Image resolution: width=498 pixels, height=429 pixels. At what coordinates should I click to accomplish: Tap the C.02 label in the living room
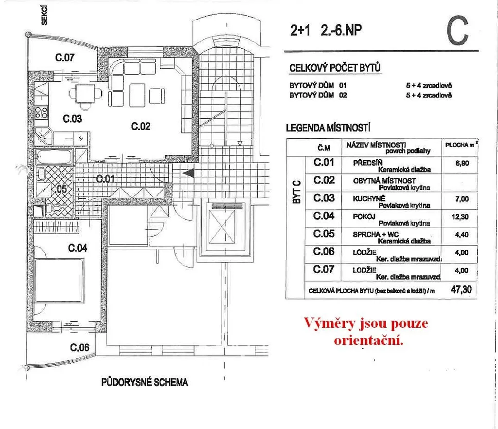click(x=141, y=127)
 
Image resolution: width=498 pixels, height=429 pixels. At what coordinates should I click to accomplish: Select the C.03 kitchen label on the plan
click(x=72, y=118)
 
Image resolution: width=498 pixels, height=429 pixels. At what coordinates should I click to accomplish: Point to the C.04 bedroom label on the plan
click(x=77, y=248)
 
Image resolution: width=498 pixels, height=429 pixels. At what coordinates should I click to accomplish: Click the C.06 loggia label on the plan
click(x=80, y=347)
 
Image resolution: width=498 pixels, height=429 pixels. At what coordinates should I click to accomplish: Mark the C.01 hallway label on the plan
click(x=105, y=179)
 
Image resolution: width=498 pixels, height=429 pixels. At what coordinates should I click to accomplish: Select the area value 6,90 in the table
click(x=462, y=163)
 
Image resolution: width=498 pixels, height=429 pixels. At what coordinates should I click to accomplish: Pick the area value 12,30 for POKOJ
click(x=462, y=217)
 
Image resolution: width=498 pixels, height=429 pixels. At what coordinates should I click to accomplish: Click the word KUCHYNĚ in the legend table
click(x=369, y=199)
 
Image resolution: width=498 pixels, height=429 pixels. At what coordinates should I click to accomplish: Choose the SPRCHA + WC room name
click(x=373, y=235)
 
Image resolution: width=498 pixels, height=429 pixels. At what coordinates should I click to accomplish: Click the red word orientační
click(x=369, y=340)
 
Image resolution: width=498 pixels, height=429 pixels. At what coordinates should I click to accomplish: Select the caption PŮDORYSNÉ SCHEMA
click(x=144, y=382)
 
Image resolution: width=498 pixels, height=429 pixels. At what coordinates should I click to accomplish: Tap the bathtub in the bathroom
click(x=54, y=157)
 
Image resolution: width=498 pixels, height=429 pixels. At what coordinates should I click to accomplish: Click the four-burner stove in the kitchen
click(x=41, y=112)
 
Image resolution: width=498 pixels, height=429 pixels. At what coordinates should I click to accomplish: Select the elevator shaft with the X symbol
click(x=224, y=227)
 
